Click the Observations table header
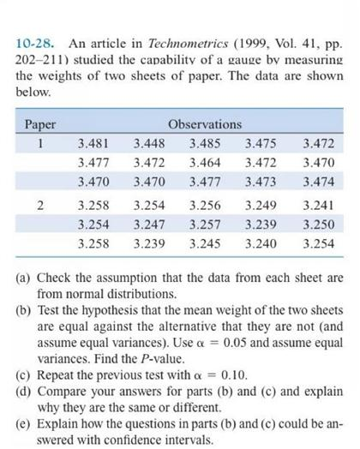205,124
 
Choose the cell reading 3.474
318,183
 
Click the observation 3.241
318,207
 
